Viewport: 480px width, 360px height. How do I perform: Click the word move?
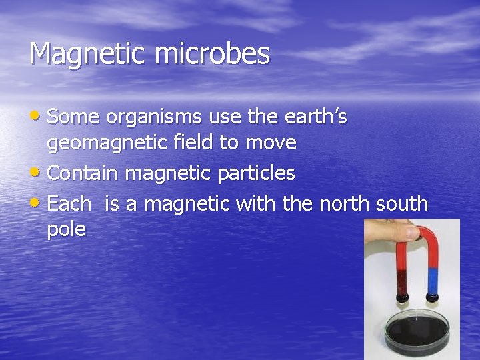tap(271, 143)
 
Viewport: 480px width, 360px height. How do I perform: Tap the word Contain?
tap(83, 173)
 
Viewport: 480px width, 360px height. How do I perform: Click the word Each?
tap(69, 203)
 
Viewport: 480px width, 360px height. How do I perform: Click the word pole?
tap(66, 230)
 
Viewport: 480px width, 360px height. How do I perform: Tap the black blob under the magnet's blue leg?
tap(431, 295)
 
